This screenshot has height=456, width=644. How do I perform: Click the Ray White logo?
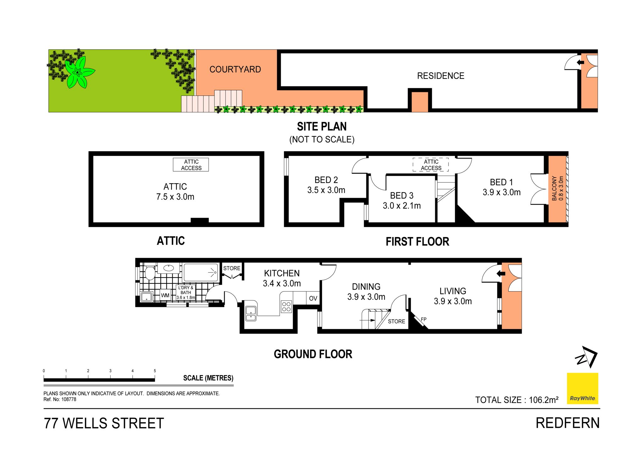tap(582, 389)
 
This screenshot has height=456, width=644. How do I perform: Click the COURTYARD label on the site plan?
tap(235, 70)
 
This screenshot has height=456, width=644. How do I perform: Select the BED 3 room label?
tap(402, 196)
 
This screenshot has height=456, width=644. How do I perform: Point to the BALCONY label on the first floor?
tap(554, 188)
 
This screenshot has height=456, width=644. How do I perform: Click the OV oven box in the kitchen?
tap(313, 298)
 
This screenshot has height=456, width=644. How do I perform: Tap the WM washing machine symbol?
tap(165, 295)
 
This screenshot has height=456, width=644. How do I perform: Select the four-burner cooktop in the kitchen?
tap(286, 307)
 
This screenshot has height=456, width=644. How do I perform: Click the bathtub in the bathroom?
tap(201, 272)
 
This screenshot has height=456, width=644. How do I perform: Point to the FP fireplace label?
tap(424, 319)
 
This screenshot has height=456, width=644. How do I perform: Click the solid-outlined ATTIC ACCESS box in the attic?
tap(191, 165)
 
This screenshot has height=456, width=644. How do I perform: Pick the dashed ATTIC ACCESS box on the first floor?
tap(431, 165)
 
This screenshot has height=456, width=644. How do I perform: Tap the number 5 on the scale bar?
tap(155, 371)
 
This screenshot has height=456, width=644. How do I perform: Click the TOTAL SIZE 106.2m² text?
tap(517, 400)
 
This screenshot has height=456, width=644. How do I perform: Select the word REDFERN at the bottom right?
tap(568, 423)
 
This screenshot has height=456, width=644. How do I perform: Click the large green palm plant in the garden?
tap(79, 73)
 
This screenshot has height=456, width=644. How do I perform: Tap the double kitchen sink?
tap(251, 313)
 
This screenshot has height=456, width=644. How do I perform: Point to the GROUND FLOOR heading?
tap(313, 354)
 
